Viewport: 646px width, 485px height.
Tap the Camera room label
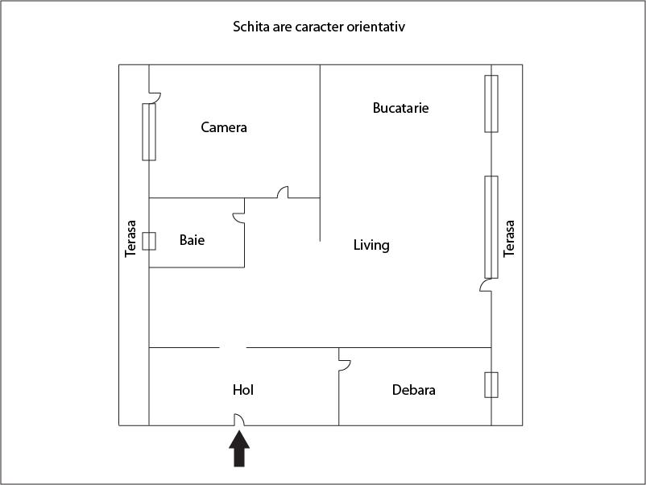[x=224, y=127]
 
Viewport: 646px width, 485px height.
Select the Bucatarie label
[x=400, y=108]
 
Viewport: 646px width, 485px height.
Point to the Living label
[x=371, y=245]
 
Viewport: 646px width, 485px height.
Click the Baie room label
[x=192, y=240]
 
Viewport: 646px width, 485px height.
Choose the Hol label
[x=243, y=390]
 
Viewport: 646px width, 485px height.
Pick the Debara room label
[x=414, y=390]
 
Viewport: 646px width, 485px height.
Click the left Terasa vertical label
[x=131, y=239]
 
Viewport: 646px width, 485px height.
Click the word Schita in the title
[x=251, y=27]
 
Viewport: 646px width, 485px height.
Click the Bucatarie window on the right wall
[x=491, y=103]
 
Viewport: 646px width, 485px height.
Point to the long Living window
[x=491, y=226]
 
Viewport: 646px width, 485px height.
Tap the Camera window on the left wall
[x=149, y=131]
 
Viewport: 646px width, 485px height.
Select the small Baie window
[x=149, y=241]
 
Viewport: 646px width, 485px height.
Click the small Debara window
[x=491, y=384]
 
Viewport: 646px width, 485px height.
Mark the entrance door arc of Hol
[x=238, y=419]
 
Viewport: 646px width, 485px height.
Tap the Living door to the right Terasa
[x=486, y=286]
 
